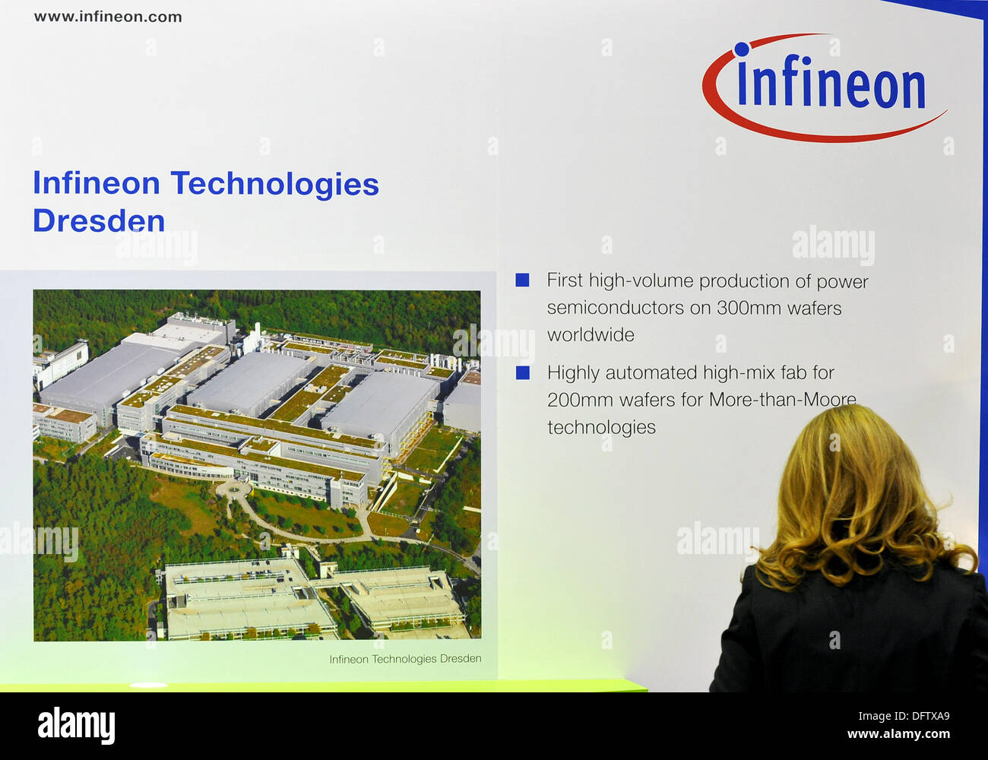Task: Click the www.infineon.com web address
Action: [108, 17]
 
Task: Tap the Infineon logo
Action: [825, 87]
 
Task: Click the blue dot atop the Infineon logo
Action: [742, 49]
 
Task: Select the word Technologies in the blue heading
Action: [274, 185]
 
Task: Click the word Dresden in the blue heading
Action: [99, 221]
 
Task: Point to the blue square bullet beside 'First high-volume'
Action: [522, 280]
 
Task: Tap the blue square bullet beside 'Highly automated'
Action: [523, 372]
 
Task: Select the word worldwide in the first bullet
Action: [591, 335]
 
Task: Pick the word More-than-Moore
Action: [783, 400]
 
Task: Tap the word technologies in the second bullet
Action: [601, 428]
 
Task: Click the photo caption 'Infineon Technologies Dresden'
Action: [405, 659]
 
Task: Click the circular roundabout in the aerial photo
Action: [233, 490]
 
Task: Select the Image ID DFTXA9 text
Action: [904, 716]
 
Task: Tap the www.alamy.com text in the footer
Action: [899, 734]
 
